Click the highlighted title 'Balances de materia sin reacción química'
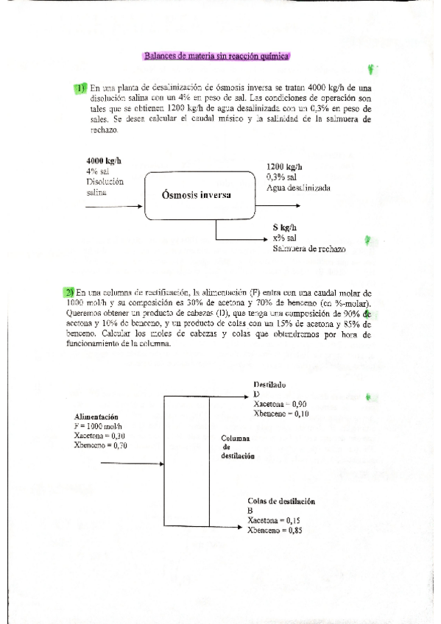pos(216,55)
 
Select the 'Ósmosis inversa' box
pos(197,195)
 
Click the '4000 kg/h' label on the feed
pos(104,161)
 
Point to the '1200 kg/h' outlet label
pos(285,167)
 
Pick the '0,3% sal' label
pos(283,177)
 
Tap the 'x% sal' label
pos(283,238)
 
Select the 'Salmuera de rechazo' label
pos(308,249)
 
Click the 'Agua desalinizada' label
pos(298,188)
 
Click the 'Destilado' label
pos(269,385)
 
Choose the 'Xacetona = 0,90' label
pos(280,404)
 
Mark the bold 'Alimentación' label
pos(99,417)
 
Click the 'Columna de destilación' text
pos(237,447)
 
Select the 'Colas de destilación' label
pos(281,501)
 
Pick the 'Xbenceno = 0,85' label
pos(275,530)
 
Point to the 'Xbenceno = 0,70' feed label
pos(101,445)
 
